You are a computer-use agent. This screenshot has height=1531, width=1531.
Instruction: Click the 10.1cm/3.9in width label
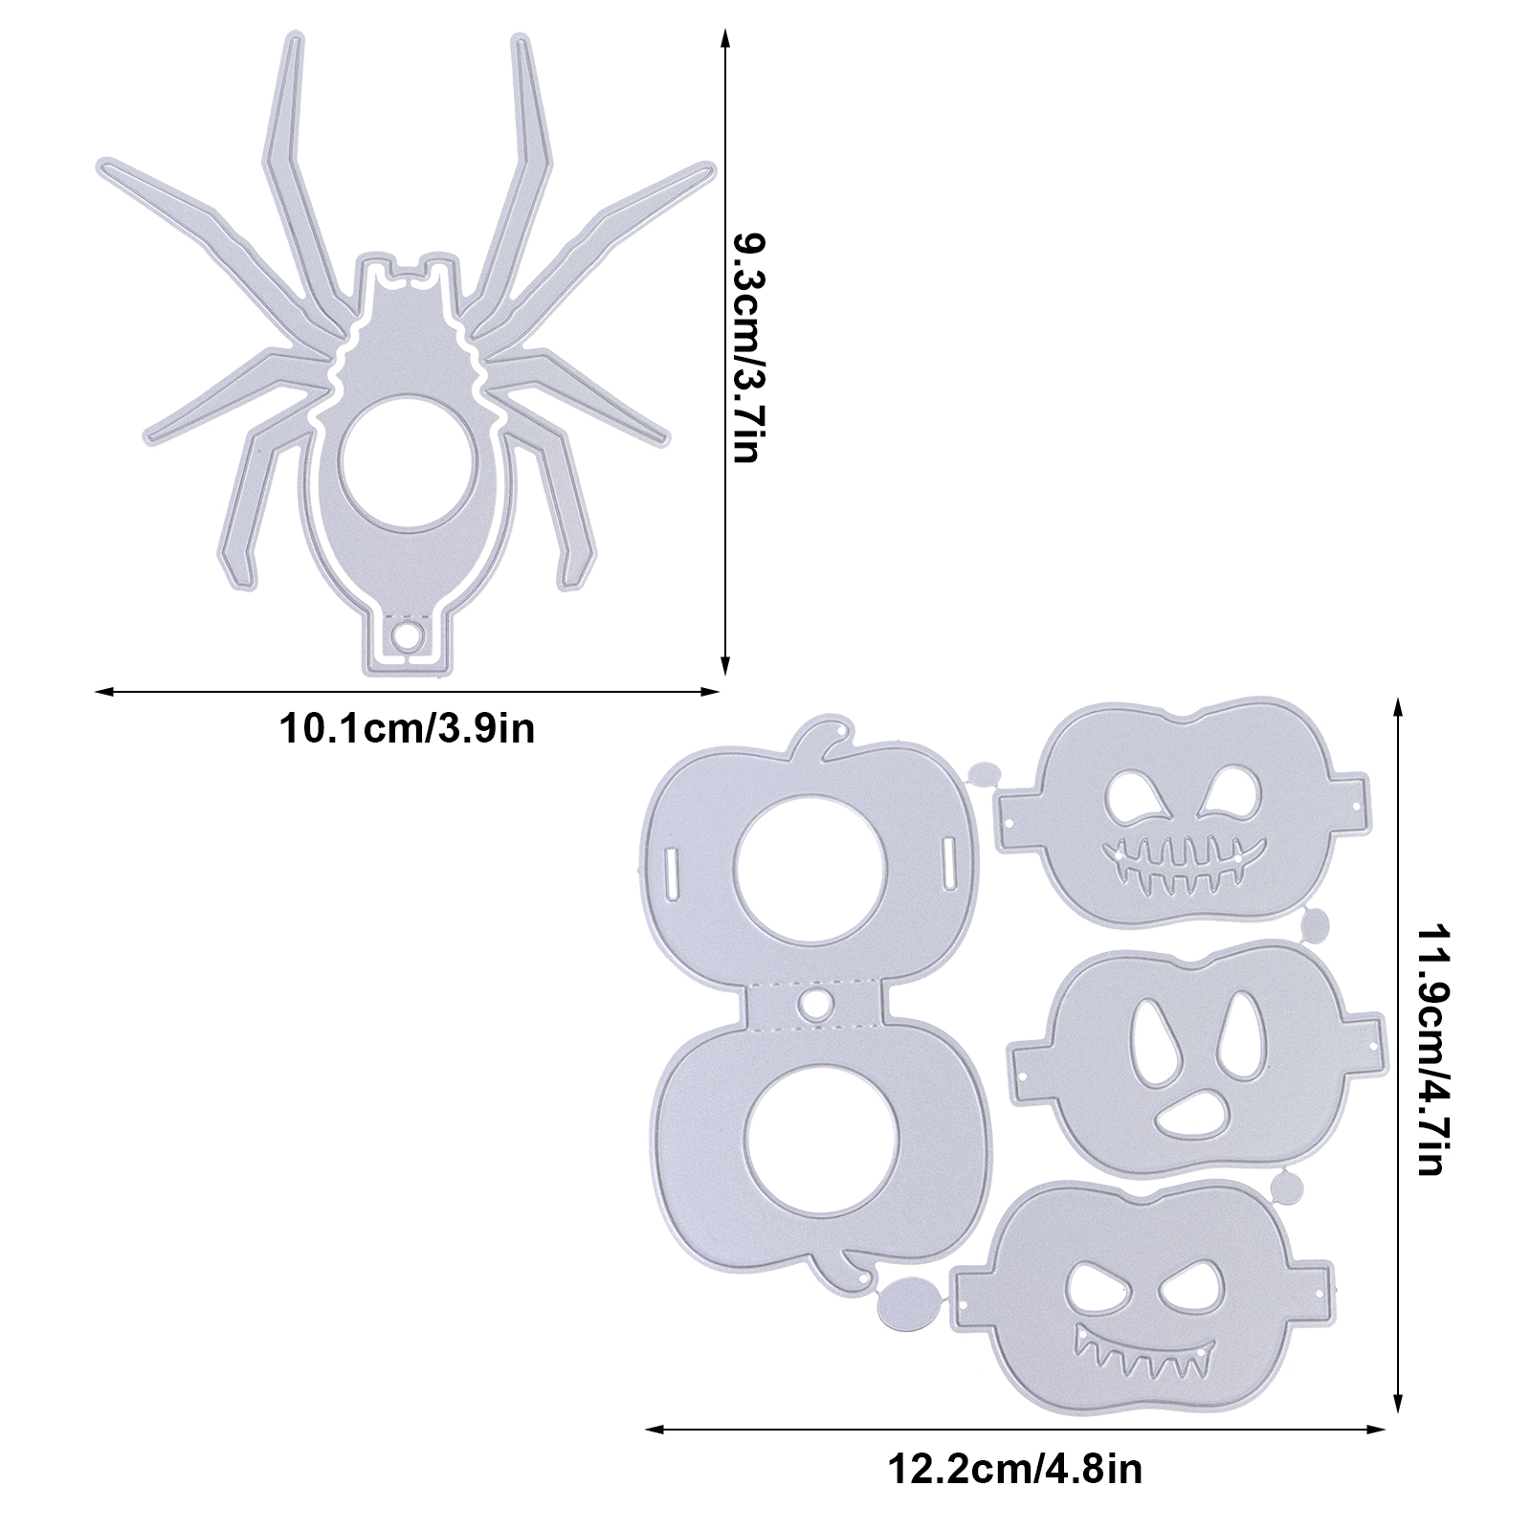coord(406,729)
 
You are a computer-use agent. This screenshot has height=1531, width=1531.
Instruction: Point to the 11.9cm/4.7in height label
coord(1435,1048)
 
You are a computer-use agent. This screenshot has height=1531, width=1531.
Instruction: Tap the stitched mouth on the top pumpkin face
coord(1181,856)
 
